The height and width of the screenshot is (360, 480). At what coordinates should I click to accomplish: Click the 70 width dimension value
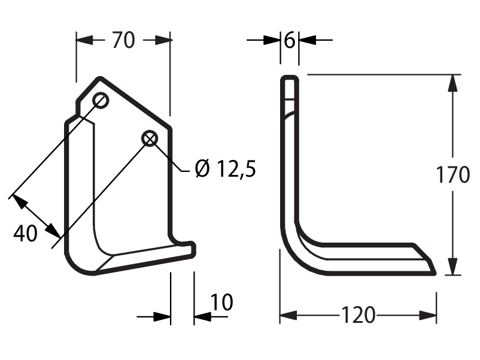tap(123, 40)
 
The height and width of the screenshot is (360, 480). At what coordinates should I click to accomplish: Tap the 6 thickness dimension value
tap(290, 40)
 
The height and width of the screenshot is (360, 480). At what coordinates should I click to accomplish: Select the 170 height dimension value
tap(452, 175)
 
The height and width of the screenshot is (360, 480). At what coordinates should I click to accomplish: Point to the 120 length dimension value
tap(358, 314)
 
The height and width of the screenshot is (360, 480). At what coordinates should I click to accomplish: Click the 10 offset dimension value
tap(222, 302)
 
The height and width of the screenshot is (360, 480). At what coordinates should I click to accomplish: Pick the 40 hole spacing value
tap(25, 233)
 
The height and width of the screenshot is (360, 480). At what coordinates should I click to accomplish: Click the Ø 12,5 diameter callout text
tap(225, 169)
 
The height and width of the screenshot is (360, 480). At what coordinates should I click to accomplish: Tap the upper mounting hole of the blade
tap(101, 100)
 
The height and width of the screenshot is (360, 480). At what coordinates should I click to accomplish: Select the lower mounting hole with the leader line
tap(150, 138)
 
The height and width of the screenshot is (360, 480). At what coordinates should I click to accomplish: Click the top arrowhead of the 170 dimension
tap(452, 83)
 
